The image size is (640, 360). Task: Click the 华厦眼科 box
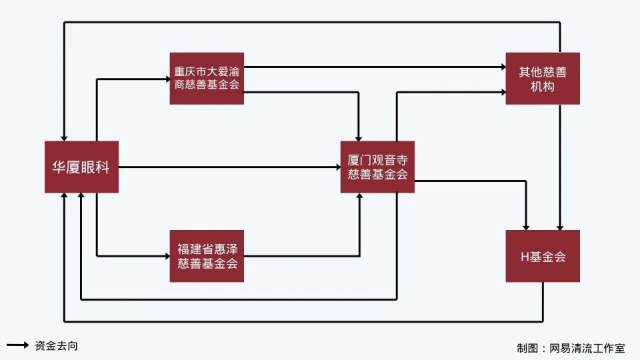81,167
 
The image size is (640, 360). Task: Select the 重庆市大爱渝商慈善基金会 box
207,78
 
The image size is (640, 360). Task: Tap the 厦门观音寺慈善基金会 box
377,167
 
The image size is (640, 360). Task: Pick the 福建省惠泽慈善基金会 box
207,256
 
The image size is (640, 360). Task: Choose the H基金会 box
543,256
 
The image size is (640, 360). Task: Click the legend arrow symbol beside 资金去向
17,345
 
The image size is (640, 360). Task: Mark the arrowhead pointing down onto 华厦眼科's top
64,137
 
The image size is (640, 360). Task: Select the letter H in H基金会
524,256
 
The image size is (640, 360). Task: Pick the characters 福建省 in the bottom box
193,249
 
